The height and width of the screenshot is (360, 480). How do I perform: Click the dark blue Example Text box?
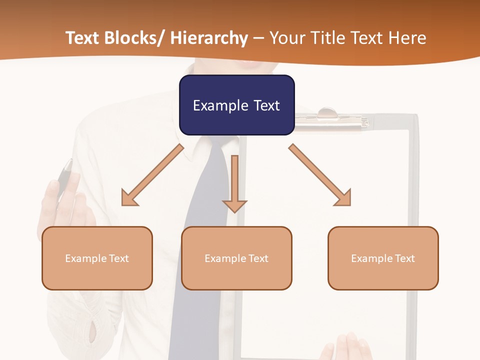click(x=236, y=105)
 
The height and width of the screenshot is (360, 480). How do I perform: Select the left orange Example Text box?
click(x=97, y=258)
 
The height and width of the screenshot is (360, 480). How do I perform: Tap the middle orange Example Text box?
click(x=236, y=258)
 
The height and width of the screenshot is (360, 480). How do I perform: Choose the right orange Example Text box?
click(x=383, y=258)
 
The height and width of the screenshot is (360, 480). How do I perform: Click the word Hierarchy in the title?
click(x=209, y=38)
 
